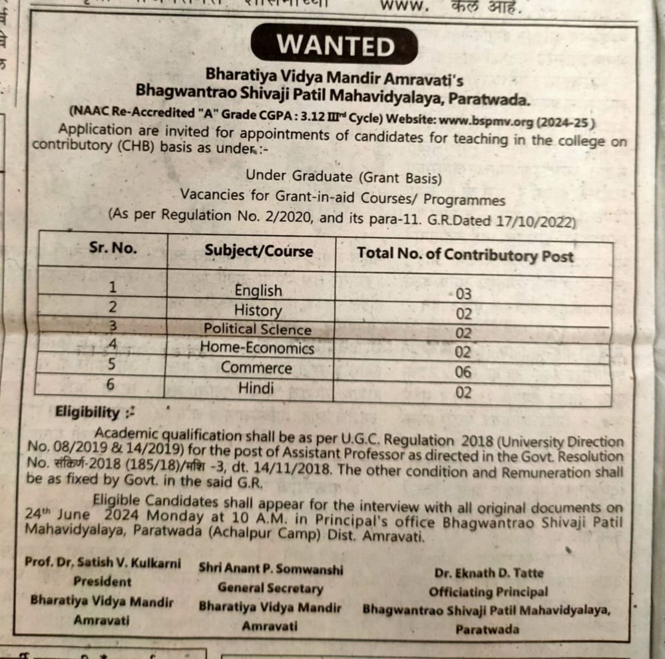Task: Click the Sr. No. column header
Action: (112, 249)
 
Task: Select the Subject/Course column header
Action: (258, 251)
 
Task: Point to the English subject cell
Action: (258, 291)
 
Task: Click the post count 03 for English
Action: (463, 294)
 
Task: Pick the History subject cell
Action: (258, 311)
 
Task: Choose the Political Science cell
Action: (257, 329)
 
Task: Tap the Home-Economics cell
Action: (257, 348)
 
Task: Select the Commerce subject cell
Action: (256, 368)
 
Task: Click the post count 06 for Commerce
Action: (463, 372)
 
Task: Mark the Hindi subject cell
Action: (256, 387)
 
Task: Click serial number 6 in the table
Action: (111, 385)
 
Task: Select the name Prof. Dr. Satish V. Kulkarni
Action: (103, 563)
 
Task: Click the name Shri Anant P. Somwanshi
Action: (271, 570)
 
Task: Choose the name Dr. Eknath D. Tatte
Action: (489, 573)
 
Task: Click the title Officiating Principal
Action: (489, 592)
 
